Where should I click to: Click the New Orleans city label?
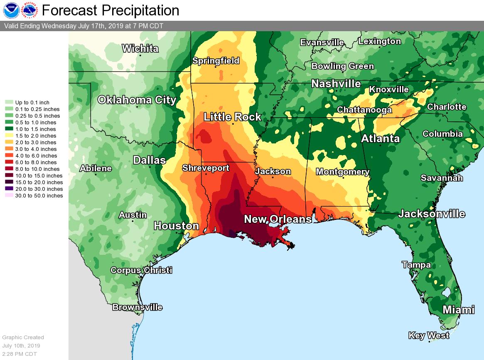pyautogui.click(x=278, y=219)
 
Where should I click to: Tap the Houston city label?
pyautogui.click(x=176, y=226)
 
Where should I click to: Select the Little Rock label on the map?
pyautogui.click(x=232, y=117)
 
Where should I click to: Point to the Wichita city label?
pyautogui.click(x=140, y=49)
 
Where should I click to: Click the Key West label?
pyautogui.click(x=429, y=335)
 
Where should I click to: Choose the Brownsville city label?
pyautogui.click(x=137, y=308)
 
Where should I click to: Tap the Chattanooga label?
pyautogui.click(x=364, y=110)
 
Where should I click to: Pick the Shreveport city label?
pyautogui.click(x=206, y=168)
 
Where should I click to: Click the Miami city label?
pyautogui.click(x=458, y=310)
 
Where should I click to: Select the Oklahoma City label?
pyautogui.click(x=137, y=100)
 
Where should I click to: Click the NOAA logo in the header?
pyautogui.click(x=11, y=10)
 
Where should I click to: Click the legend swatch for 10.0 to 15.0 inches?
pyautogui.click(x=9, y=176)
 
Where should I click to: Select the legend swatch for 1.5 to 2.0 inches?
pyautogui.click(x=9, y=136)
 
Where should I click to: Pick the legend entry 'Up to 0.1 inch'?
pyautogui.click(x=32, y=103)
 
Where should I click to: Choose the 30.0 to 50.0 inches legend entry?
pyautogui.click(x=39, y=196)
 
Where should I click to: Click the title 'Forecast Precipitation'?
pyautogui.click(x=111, y=10)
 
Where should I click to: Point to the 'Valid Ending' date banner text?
pyautogui.click(x=84, y=26)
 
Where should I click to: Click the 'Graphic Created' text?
pyautogui.click(x=23, y=338)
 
